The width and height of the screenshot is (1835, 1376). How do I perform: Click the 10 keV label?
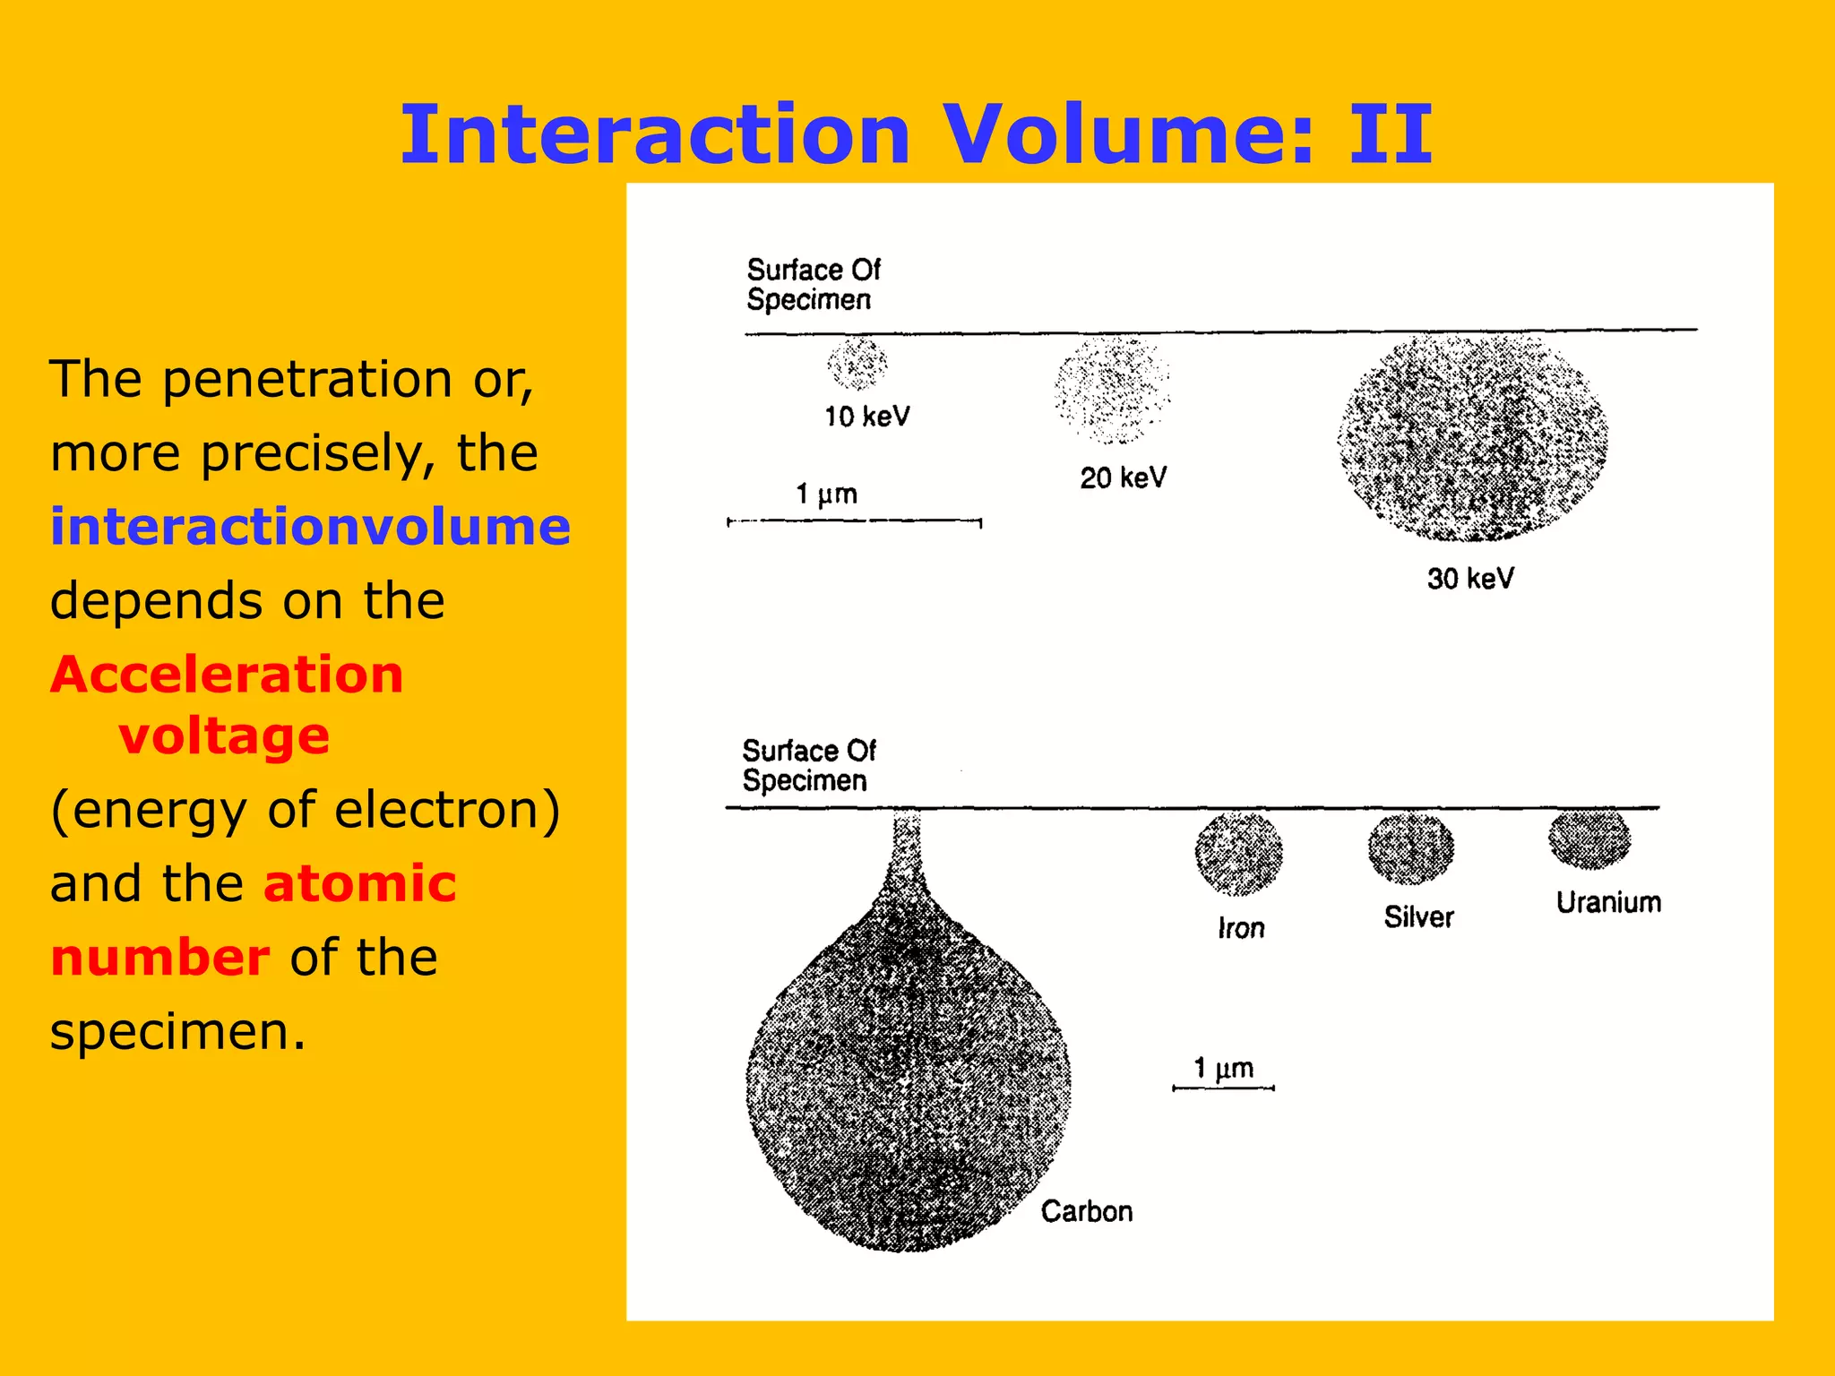pos(866,416)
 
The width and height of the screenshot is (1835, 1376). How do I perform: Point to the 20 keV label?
pos(1123,477)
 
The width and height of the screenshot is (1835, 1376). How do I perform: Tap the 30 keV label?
pos(1470,578)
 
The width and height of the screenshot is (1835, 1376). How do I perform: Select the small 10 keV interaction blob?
pos(857,363)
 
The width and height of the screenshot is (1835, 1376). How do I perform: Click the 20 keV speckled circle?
pos(1112,390)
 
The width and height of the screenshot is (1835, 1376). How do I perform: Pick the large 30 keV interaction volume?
pos(1472,438)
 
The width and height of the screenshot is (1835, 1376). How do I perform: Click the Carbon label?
pos(1086,1211)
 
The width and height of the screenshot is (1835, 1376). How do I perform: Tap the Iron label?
pos(1241,928)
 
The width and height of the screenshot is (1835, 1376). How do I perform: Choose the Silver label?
pos(1418,916)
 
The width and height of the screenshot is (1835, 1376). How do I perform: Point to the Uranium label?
pos(1608,902)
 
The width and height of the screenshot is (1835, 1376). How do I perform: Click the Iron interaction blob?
pos(1238,854)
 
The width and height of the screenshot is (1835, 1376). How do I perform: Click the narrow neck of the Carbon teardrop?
pos(907,851)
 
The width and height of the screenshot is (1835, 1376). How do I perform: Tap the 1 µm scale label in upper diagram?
pos(826,494)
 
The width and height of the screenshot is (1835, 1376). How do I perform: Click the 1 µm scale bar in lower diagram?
pos(1223,1088)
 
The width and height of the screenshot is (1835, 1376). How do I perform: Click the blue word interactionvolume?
pos(310,526)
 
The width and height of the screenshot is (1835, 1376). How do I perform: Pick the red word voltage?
pos(224,735)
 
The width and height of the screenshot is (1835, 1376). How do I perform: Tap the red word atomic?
pos(360,882)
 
